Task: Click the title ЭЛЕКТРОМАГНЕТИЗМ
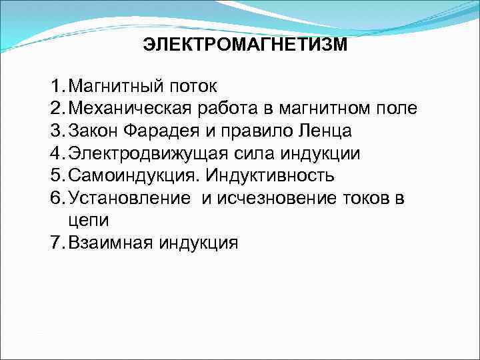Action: point(245,45)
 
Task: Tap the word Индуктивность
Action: point(271,176)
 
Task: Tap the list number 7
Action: point(56,242)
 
